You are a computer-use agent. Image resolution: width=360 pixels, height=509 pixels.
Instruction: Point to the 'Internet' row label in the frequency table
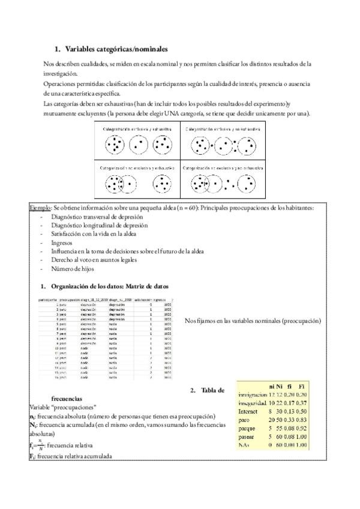(x=248, y=412)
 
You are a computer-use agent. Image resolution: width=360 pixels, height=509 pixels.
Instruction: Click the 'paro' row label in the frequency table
(x=244, y=420)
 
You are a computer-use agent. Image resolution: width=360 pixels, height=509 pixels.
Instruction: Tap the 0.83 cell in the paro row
(x=299, y=420)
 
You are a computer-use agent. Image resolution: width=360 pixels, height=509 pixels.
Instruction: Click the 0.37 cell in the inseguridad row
(x=301, y=403)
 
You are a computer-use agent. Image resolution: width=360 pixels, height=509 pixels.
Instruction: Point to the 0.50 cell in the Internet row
(x=301, y=412)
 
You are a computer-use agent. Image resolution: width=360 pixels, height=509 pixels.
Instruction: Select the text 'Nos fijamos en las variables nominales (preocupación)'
(x=253, y=322)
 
